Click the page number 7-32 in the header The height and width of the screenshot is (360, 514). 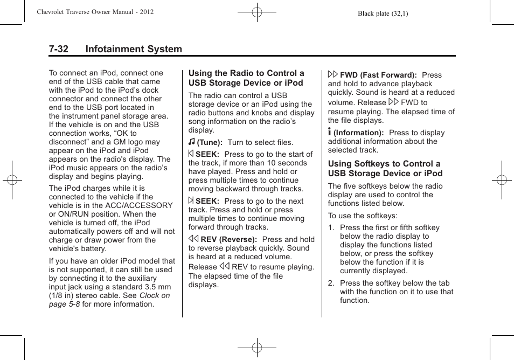pyautogui.click(x=58, y=49)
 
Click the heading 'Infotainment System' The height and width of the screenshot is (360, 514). pyautogui.click(x=133, y=49)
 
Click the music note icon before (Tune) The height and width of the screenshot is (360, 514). pyautogui.click(x=192, y=142)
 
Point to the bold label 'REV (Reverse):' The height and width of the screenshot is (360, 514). pyautogui.click(x=228, y=240)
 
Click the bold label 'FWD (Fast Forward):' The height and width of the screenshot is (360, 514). pyautogui.click(x=378, y=75)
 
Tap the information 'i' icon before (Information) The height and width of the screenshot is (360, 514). pyautogui.click(x=330, y=132)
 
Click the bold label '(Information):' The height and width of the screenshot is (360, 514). pyautogui.click(x=358, y=133)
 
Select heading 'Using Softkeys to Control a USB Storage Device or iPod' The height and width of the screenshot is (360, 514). pyautogui.click(x=385, y=169)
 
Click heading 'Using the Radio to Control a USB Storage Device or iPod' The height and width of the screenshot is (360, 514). pyautogui.click(x=246, y=78)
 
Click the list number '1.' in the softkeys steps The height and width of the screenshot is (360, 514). pyautogui.click(x=331, y=228)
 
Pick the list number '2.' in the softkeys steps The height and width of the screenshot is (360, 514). pyautogui.click(x=331, y=283)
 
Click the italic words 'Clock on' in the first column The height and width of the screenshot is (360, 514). pyautogui.click(x=155, y=295)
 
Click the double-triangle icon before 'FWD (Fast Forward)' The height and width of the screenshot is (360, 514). pyautogui.click(x=333, y=74)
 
